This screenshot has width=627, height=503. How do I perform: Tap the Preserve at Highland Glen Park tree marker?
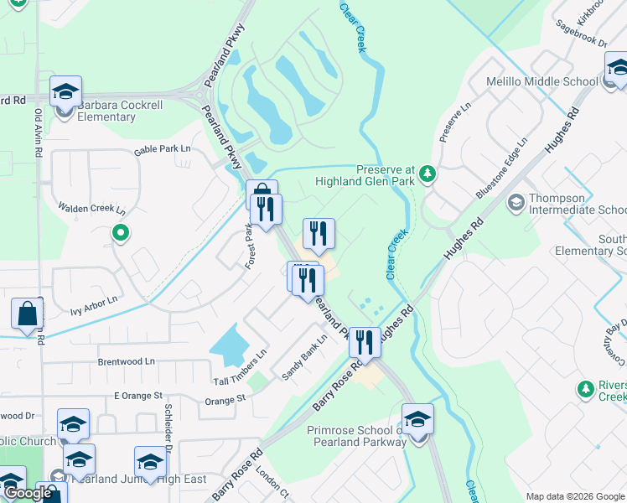[428, 174]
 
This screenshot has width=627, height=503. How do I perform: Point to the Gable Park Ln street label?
[163, 150]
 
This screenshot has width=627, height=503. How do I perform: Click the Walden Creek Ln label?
[91, 208]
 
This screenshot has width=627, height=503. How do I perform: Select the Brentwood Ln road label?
[127, 361]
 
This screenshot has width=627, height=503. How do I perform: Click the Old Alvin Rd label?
[38, 134]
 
